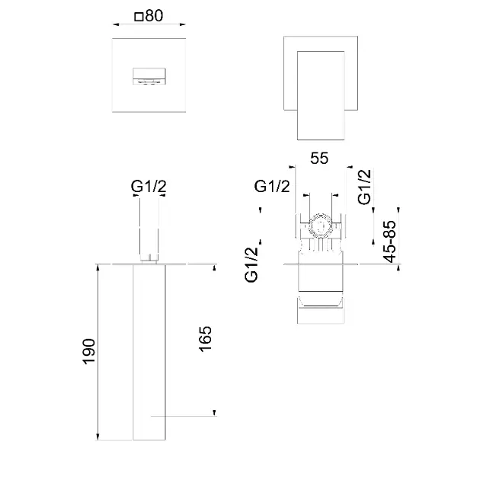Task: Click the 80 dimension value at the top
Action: click(154, 15)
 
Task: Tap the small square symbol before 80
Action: click(139, 17)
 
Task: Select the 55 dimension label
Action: click(319, 158)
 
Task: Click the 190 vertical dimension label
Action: click(89, 351)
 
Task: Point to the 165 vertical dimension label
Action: click(206, 339)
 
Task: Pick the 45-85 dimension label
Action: click(389, 242)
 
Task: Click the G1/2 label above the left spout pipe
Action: click(149, 186)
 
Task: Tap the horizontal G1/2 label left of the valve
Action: click(272, 186)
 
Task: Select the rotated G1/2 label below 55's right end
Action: click(364, 187)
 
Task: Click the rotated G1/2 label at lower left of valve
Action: click(251, 265)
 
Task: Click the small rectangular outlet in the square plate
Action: click(149, 76)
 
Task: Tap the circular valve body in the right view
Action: click(320, 227)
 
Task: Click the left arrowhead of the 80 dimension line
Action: click(116, 24)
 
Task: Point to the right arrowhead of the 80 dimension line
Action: click(182, 24)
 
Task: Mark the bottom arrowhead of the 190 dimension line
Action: click(98, 437)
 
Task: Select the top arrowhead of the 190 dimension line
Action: click(98, 267)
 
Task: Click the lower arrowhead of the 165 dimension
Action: click(215, 412)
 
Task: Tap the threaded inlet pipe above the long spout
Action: click(149, 230)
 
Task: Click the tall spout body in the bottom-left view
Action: click(149, 352)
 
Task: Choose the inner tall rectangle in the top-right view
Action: click(321, 95)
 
